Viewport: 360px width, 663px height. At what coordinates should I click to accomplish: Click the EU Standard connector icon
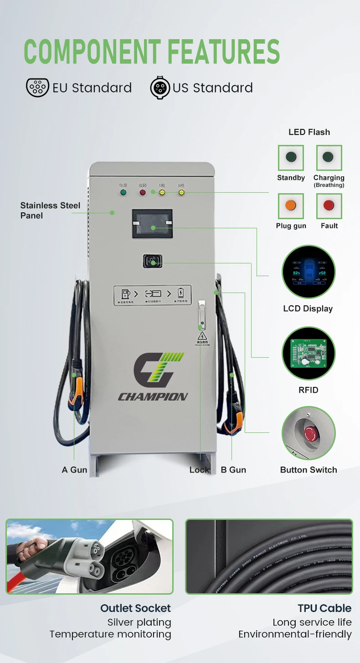pyautogui.click(x=37, y=87)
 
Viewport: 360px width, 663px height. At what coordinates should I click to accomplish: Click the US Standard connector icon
pyautogui.click(x=160, y=87)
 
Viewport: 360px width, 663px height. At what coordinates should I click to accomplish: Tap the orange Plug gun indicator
pyautogui.click(x=291, y=206)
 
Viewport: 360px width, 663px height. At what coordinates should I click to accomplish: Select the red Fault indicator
pyautogui.click(x=329, y=206)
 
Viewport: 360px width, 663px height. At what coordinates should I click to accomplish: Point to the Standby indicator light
pyautogui.click(x=291, y=158)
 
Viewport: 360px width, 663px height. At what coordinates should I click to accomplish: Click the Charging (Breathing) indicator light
pyautogui.click(x=329, y=158)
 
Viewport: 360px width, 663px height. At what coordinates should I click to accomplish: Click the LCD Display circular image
pyautogui.click(x=309, y=272)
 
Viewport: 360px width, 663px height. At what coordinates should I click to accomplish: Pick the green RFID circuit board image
pyautogui.click(x=309, y=353)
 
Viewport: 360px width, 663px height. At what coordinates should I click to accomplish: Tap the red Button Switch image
pyautogui.click(x=309, y=433)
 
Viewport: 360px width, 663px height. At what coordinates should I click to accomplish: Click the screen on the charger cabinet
pyautogui.click(x=152, y=223)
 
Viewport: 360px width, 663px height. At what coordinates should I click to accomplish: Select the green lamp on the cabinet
pyautogui.click(x=123, y=192)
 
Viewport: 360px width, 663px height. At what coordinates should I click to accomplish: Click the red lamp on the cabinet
pyautogui.click(x=143, y=192)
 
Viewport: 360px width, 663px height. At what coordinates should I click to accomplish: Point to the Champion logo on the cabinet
pyautogui.click(x=153, y=376)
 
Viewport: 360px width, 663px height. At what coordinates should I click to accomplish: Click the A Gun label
pyautogui.click(x=74, y=470)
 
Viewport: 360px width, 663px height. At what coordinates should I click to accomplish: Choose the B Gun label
pyautogui.click(x=233, y=470)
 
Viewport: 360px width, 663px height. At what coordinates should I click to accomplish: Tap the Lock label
pyautogui.click(x=199, y=470)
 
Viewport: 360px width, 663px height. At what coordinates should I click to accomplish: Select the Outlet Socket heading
pyautogui.click(x=135, y=608)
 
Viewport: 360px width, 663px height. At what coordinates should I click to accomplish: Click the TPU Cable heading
pyautogui.click(x=324, y=608)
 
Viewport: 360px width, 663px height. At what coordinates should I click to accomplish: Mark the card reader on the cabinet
pyautogui.click(x=152, y=262)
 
